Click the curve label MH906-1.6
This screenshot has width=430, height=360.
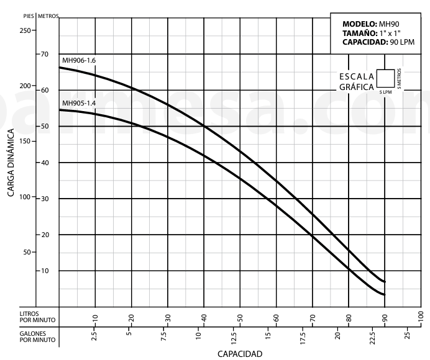coord(79,60)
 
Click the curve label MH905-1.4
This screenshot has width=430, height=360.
coord(79,103)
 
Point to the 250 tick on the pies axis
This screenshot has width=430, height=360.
coord(25,30)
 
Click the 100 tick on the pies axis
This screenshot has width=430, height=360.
coord(25,197)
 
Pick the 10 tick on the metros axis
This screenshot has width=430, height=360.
coord(45,271)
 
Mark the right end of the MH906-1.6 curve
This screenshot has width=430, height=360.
coord(385,282)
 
